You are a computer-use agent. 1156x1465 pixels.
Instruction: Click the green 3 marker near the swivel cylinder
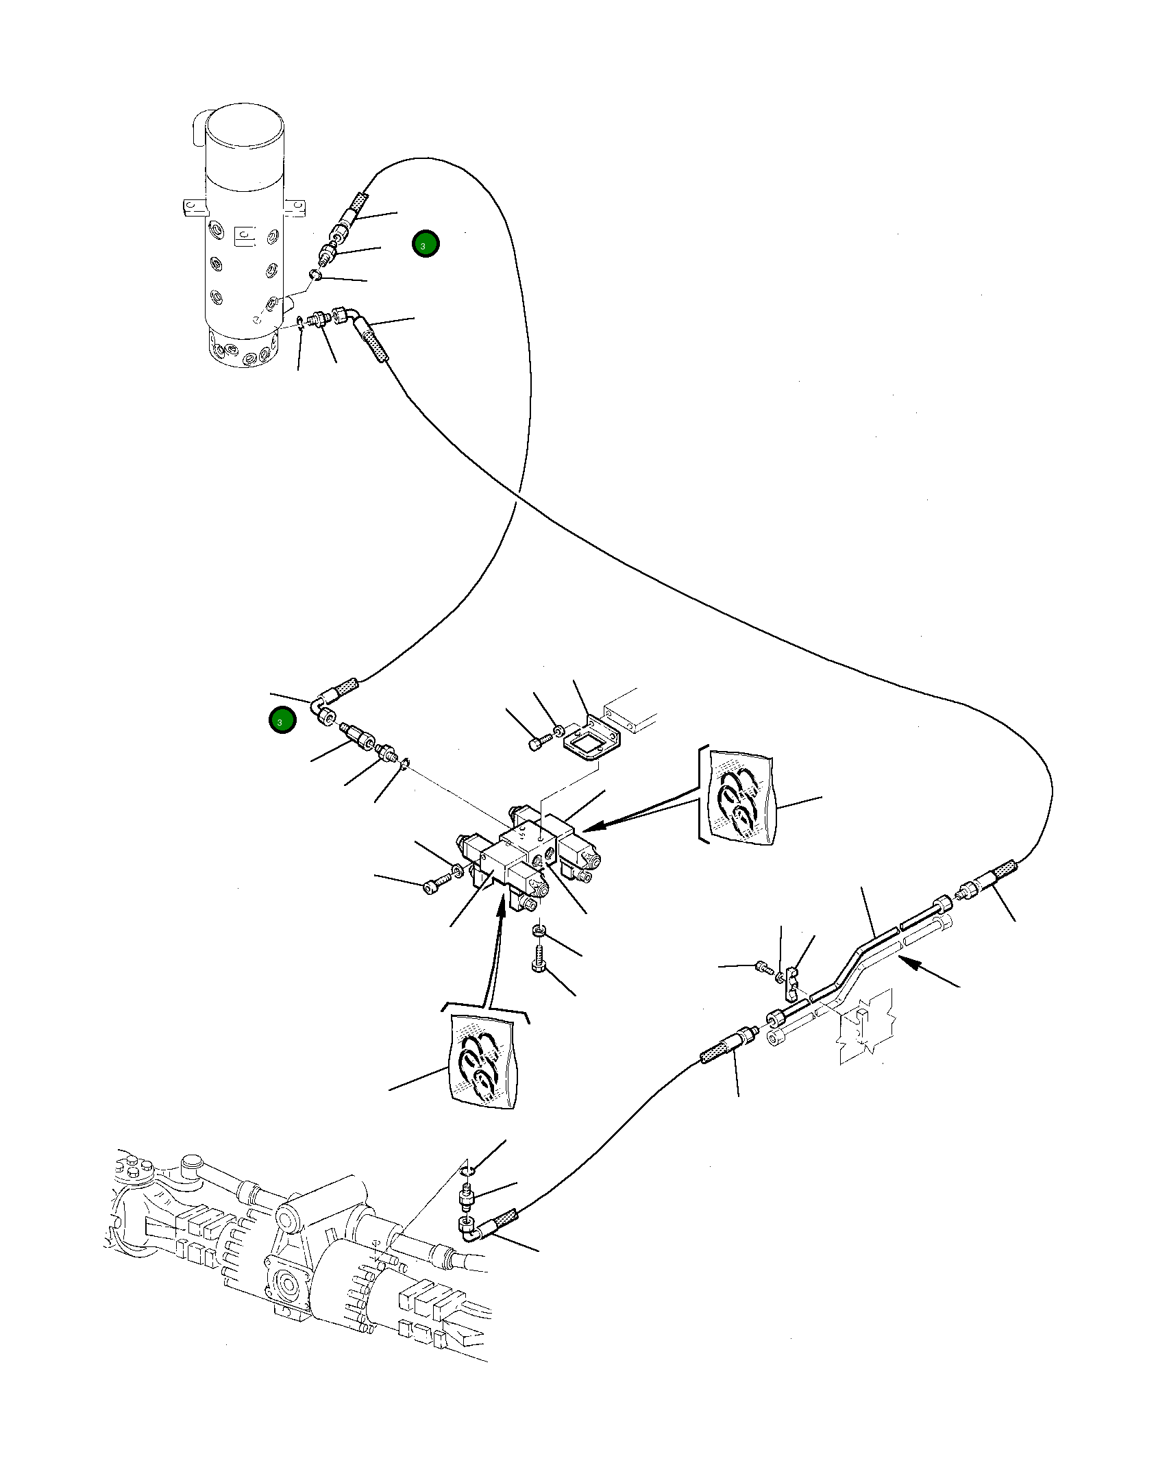point(426,244)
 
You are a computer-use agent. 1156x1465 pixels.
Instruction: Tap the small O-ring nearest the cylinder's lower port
point(301,321)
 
